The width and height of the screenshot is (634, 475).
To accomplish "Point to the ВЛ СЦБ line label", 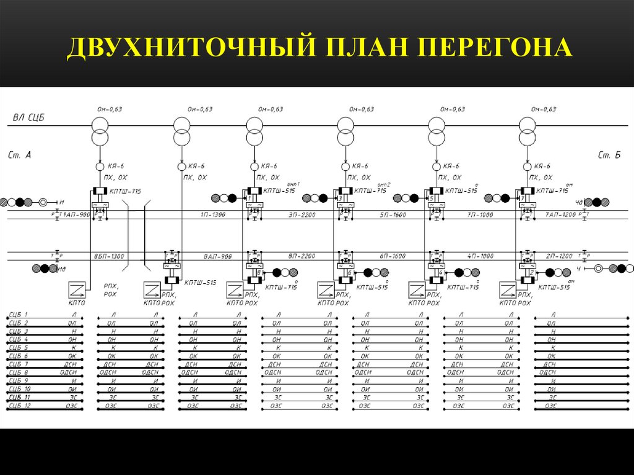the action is click(x=28, y=117).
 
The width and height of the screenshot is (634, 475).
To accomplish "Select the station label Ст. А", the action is click(x=20, y=155).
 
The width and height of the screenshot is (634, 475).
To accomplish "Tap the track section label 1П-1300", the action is click(x=212, y=214).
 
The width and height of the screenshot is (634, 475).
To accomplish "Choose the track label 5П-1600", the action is click(x=393, y=214).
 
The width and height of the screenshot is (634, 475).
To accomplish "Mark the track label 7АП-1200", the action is click(x=560, y=214).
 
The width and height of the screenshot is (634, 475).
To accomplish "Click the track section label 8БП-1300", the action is click(x=110, y=256).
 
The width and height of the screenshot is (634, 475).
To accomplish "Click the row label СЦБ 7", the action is click(x=19, y=364).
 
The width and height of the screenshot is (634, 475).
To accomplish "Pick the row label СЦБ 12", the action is click(x=20, y=406).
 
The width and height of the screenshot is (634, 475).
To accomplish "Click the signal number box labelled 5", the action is click(x=431, y=198).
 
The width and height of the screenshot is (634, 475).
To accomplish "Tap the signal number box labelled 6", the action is click(x=350, y=272).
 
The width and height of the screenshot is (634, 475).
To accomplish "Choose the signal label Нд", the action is click(x=63, y=269).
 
